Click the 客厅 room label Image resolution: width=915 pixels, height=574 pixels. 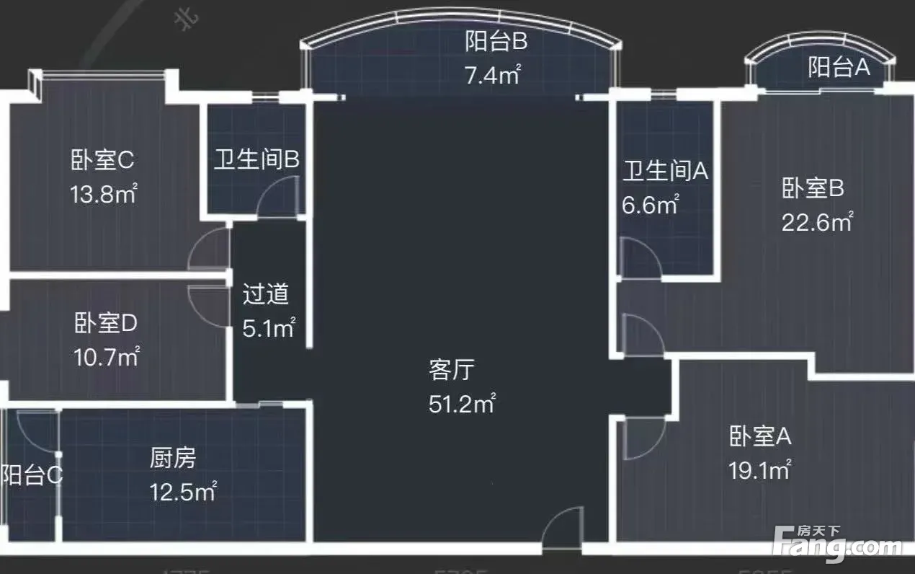click(x=451, y=370)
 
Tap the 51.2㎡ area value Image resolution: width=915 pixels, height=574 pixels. click(x=461, y=404)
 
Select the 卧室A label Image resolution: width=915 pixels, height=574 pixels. click(x=761, y=436)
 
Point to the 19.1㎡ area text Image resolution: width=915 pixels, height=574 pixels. click(x=759, y=470)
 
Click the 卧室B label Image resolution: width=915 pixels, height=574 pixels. click(x=813, y=188)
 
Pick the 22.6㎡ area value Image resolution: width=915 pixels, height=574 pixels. click(x=817, y=222)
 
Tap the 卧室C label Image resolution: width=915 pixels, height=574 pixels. click(x=102, y=160)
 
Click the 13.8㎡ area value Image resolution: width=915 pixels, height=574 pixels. click(x=104, y=195)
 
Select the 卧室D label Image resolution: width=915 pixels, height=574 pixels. click(x=105, y=323)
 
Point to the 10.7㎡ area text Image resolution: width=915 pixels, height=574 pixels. click(x=106, y=356)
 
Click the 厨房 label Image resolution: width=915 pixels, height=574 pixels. click(x=173, y=457)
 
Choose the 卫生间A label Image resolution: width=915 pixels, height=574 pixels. click(x=666, y=171)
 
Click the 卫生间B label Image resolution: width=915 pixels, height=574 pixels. click(x=256, y=160)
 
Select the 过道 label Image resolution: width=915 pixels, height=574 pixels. click(x=265, y=294)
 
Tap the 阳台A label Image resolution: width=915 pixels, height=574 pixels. click(x=839, y=68)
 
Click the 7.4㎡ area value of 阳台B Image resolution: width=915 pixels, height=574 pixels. click(x=493, y=75)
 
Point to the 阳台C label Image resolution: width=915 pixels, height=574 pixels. click(x=31, y=475)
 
